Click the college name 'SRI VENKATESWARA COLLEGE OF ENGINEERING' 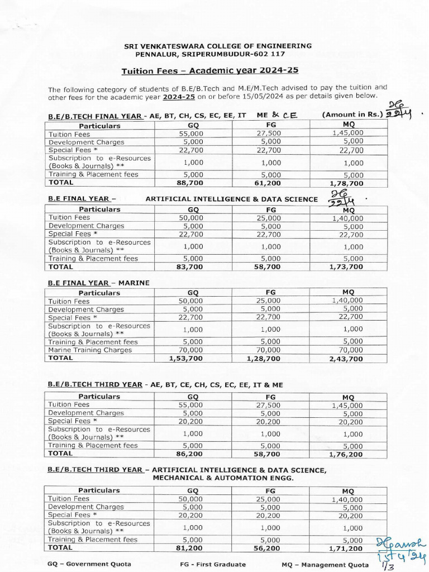[218, 46]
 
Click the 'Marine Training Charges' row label [90, 350]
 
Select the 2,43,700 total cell [348, 359]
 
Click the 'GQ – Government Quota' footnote [89, 564]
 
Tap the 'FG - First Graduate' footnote [212, 564]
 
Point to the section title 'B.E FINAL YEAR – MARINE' [99, 283]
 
